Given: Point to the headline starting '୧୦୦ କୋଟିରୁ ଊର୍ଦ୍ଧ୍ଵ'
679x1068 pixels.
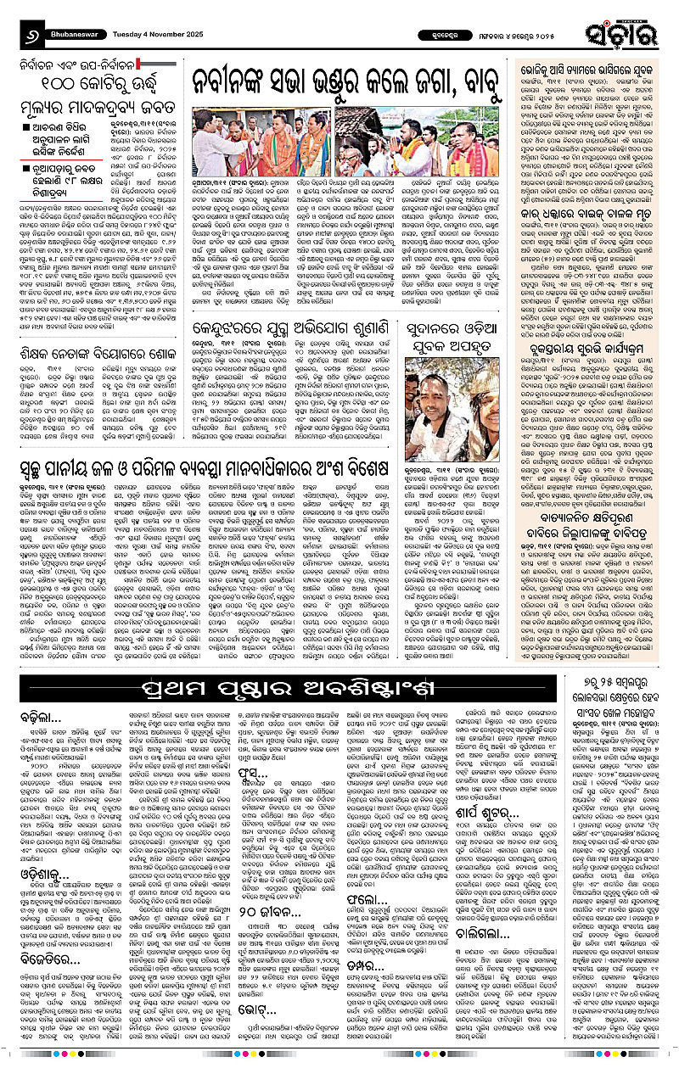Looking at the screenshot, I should (94, 85).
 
